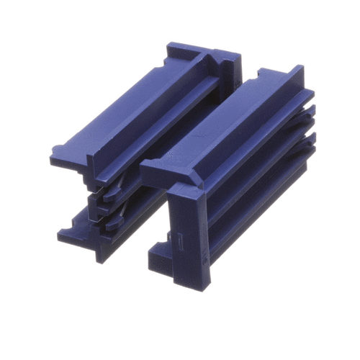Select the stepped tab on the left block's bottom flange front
point(68,234)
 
